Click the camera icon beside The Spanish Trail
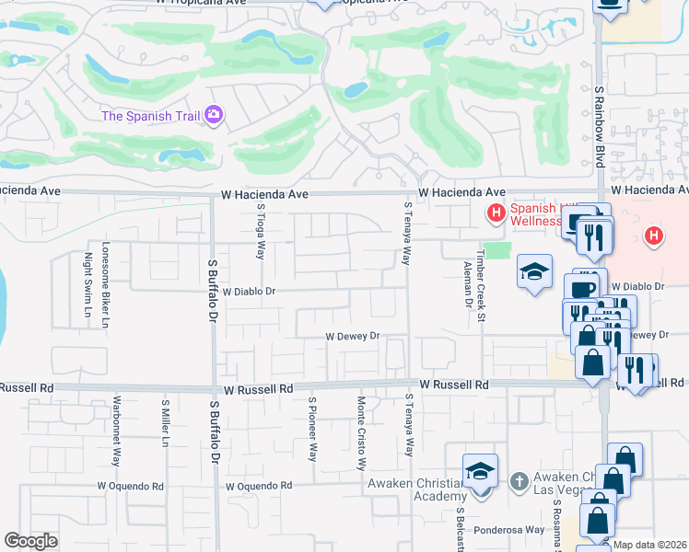pos(215,115)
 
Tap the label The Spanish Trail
pos(152,116)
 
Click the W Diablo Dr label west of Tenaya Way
pos(249,291)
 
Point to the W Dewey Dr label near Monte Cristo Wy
pos(353,337)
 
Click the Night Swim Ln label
pos(88,285)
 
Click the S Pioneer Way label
pos(313,429)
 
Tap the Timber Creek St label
pos(481,284)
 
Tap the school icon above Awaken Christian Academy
pos(479,471)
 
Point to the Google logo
pos(30,541)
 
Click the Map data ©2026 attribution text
pos(650,545)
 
